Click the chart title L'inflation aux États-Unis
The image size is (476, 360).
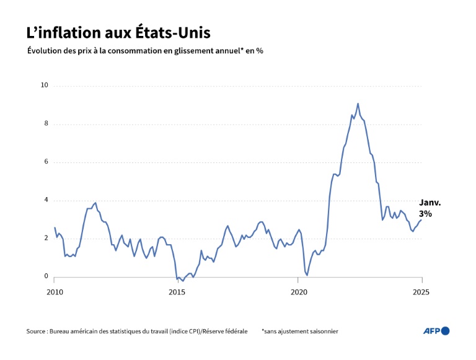[122, 32]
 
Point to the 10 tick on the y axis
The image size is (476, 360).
[44, 86]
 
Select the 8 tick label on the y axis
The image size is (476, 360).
[46, 124]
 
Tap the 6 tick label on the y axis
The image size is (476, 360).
[46, 162]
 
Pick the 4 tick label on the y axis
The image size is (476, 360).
[46, 200]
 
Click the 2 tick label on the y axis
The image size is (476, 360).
[46, 239]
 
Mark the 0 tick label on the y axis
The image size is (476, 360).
[46, 277]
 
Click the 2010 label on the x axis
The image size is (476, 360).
[55, 291]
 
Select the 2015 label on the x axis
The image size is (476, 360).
[177, 291]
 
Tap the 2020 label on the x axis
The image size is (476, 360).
[299, 291]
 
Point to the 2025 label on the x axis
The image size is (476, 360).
[421, 291]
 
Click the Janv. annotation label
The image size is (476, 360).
[430, 203]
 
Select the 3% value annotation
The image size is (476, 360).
[425, 214]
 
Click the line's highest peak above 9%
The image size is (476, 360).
[358, 103]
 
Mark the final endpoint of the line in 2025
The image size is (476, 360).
[421, 219]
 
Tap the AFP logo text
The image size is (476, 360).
[431, 331]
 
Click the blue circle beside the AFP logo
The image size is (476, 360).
[445, 331]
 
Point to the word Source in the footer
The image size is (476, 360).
[36, 331]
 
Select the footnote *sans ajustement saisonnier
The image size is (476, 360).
[299, 331]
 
